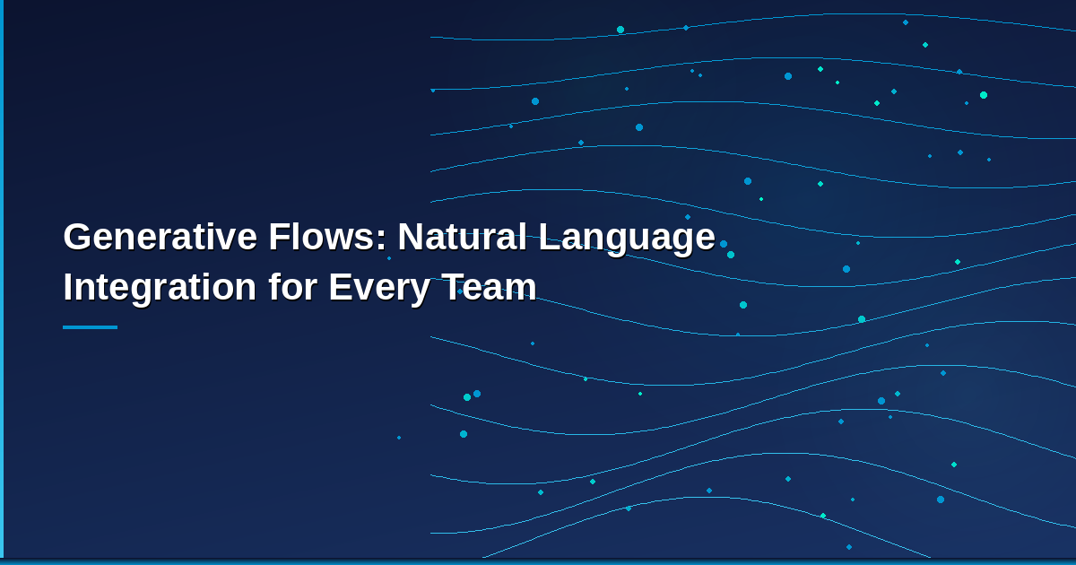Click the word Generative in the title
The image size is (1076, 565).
click(160, 238)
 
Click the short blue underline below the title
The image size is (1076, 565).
click(90, 327)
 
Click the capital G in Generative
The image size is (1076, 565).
click(78, 238)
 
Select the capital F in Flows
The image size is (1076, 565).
click(277, 238)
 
